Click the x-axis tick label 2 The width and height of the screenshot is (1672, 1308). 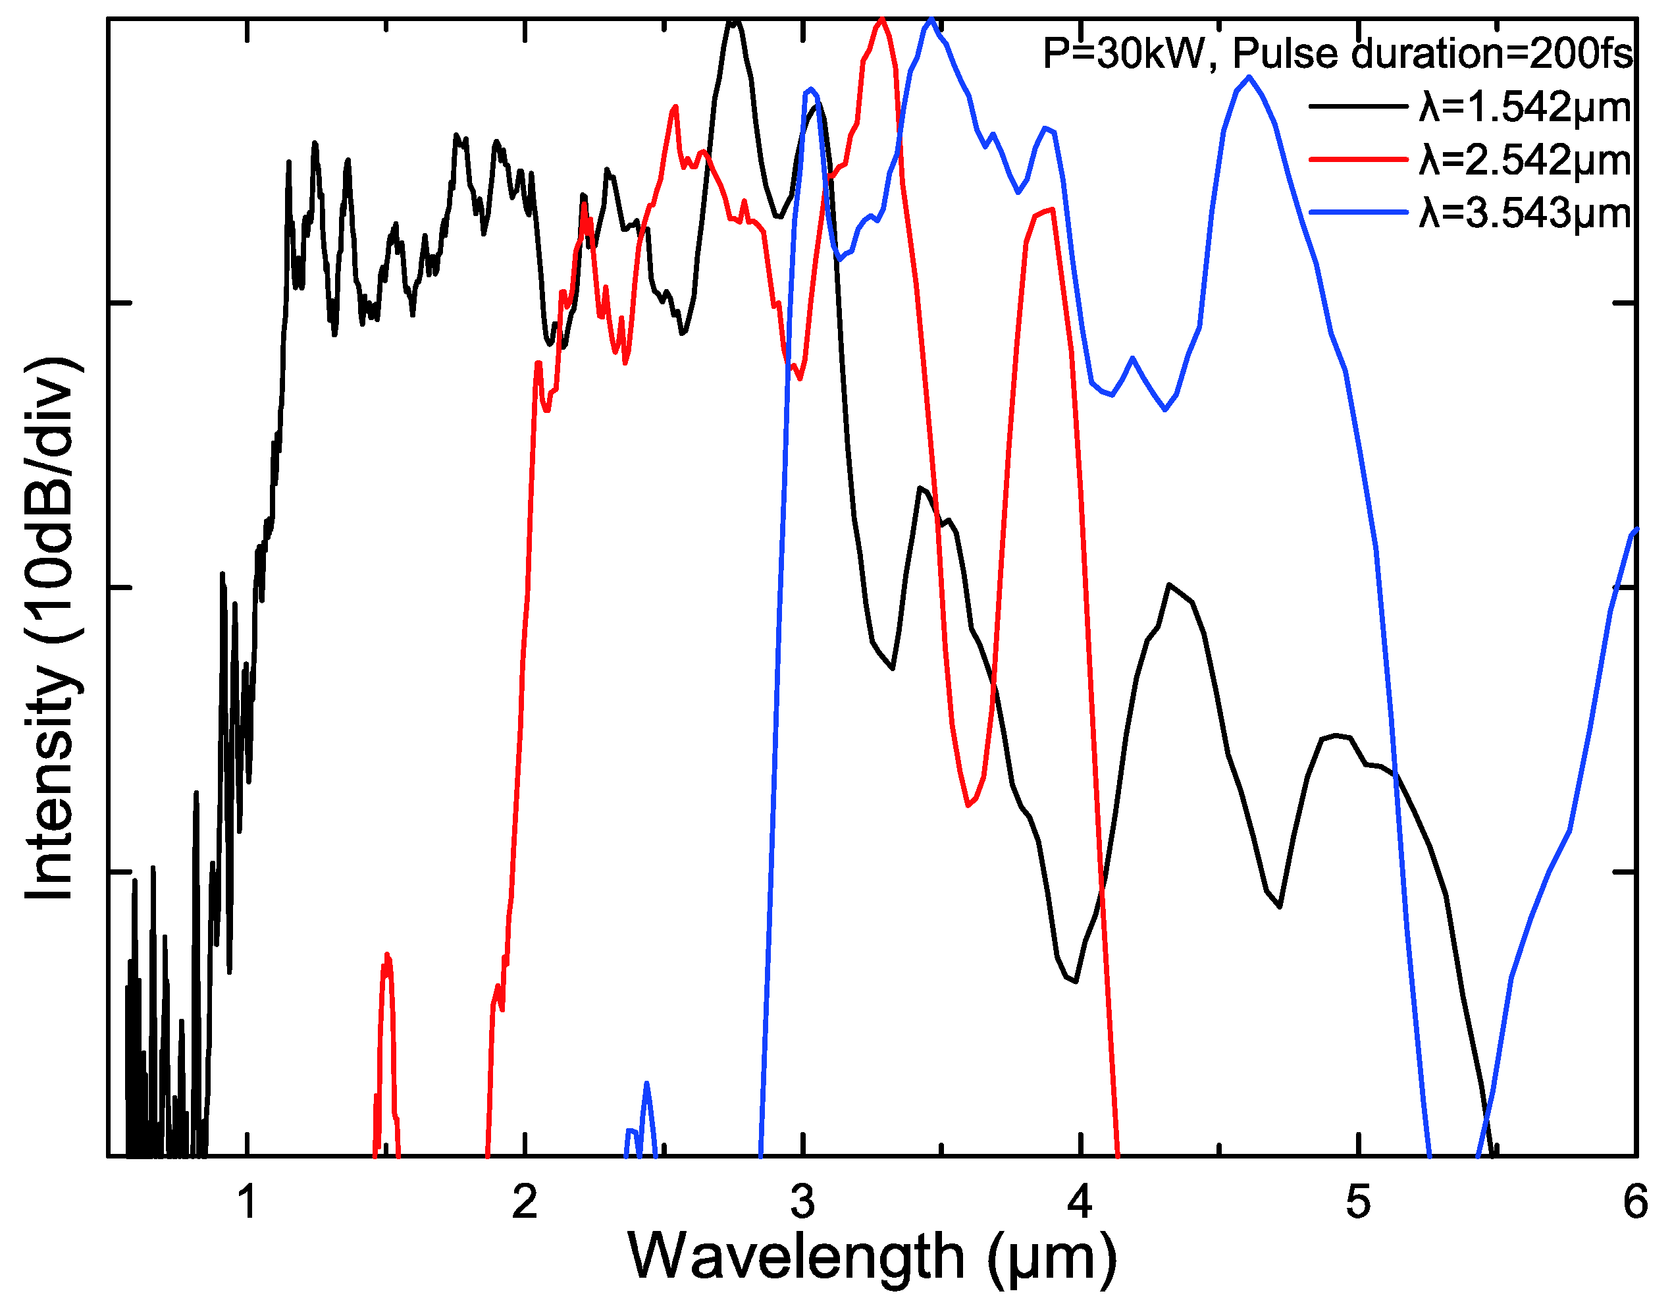(525, 1201)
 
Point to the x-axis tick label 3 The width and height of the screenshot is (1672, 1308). (802, 1201)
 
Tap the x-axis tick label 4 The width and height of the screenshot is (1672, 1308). (1080, 1201)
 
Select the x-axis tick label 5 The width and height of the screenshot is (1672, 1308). (1357, 1201)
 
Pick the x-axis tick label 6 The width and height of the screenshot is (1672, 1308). (1634, 1201)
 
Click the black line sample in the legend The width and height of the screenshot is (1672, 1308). (1359, 105)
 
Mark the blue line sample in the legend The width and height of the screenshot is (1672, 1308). (1359, 211)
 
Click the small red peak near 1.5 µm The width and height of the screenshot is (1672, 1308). (387, 957)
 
